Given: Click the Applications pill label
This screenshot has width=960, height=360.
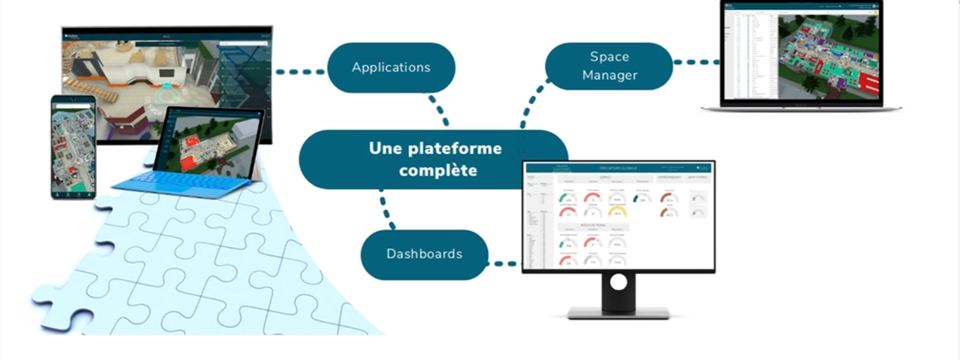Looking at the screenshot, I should pos(391,67).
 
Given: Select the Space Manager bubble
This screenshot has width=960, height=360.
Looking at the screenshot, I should pos(609,66).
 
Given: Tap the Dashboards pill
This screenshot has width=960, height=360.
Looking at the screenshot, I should pos(424,254).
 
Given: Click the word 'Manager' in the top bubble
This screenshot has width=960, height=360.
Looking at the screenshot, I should pos(610,76).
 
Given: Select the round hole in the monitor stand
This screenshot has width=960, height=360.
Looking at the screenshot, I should pos(618,282).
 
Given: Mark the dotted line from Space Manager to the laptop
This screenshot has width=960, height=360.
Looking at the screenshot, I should pos(696,61).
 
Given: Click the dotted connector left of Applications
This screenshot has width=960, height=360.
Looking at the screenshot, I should pos(300,72).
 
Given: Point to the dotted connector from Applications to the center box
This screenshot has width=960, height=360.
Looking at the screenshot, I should pos(438,110).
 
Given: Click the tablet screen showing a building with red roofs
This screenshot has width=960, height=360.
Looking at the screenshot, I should pos(210,142).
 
